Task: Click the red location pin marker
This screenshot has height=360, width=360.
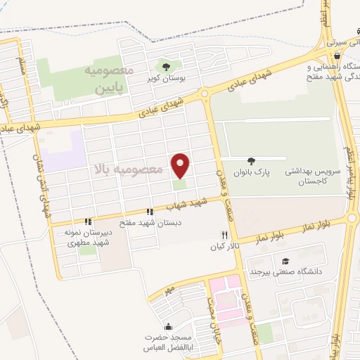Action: point(181,165)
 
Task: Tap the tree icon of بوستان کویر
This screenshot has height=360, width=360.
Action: point(166,67)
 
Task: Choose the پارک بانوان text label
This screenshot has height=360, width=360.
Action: point(252,172)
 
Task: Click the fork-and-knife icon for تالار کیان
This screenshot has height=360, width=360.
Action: point(225,235)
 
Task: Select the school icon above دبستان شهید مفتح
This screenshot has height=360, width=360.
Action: point(149,212)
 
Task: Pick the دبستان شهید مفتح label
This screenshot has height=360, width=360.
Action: point(148,222)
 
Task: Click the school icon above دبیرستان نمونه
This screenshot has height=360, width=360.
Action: point(88,221)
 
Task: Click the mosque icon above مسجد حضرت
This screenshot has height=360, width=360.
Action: point(167,327)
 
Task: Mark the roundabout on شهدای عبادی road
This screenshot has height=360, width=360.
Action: point(205,94)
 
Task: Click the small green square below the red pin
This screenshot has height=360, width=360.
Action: point(181,185)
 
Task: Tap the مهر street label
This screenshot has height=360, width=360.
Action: point(167,290)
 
